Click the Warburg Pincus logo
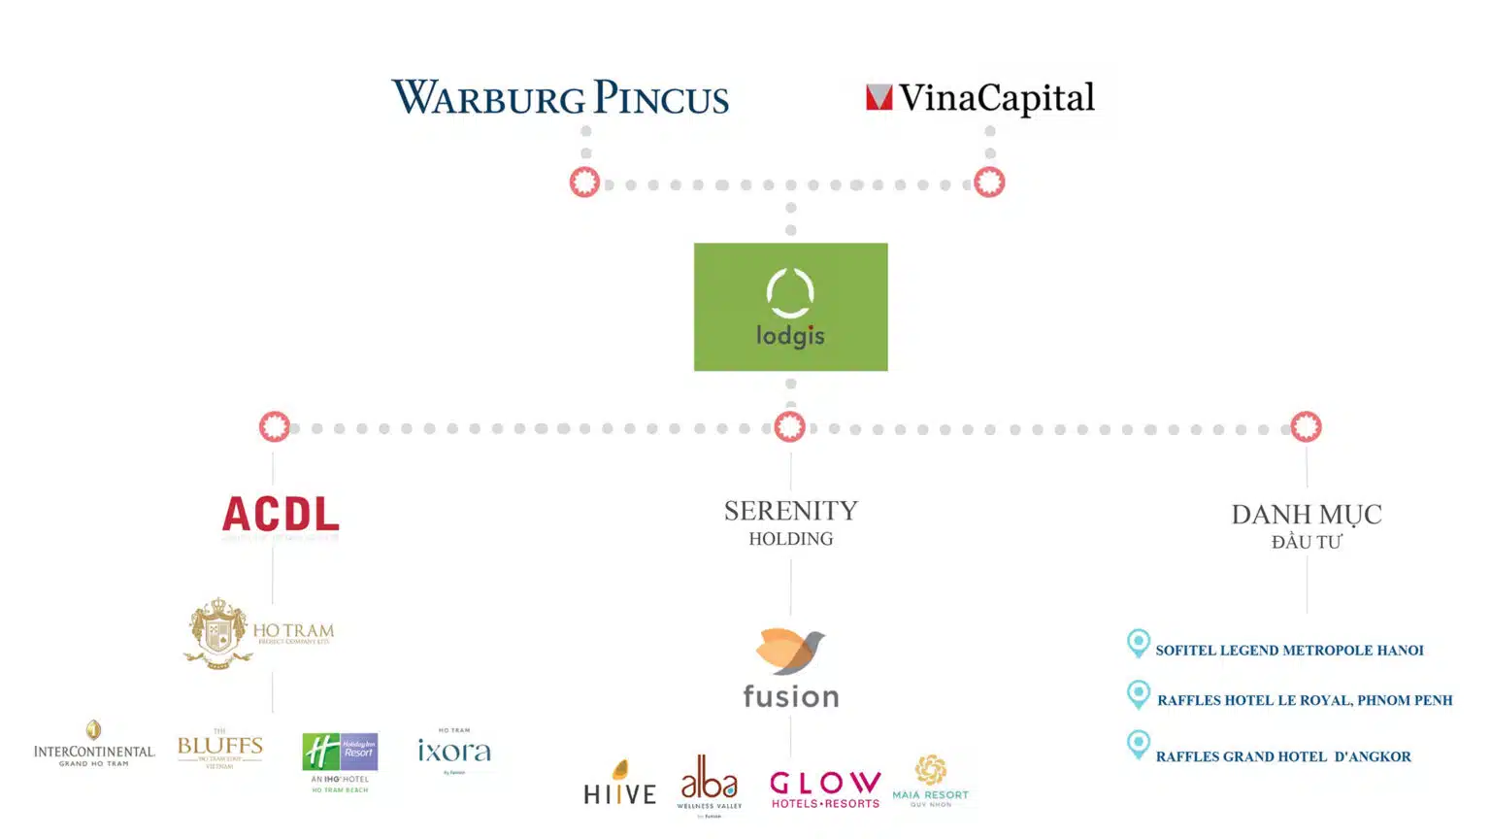(x=560, y=98)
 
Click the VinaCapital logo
(x=980, y=98)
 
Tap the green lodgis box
(x=790, y=307)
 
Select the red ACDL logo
(x=281, y=514)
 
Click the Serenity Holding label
(x=790, y=522)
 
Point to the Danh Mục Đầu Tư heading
(x=1306, y=525)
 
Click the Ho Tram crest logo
(x=258, y=633)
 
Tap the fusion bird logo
(x=790, y=668)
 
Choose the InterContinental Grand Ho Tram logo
(x=94, y=745)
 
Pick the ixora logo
(x=453, y=751)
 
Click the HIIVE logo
(x=619, y=785)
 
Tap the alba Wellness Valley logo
(x=710, y=783)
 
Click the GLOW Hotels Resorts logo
(x=825, y=789)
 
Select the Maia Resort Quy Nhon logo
(x=930, y=782)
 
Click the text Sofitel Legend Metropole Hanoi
(x=1289, y=651)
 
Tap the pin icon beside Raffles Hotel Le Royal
(x=1139, y=695)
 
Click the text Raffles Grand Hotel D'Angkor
(x=1283, y=756)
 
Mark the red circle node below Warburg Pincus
(x=584, y=183)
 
